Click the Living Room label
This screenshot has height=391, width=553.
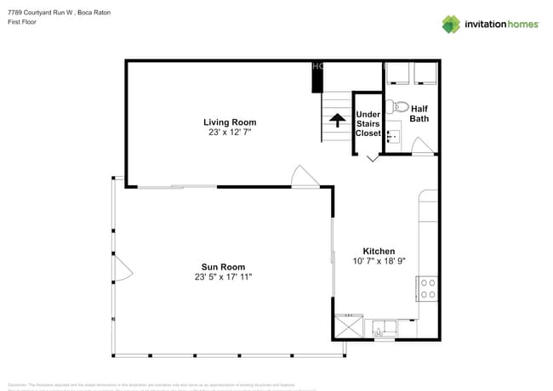click(x=230, y=122)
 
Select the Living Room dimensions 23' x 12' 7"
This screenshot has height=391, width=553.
click(x=230, y=133)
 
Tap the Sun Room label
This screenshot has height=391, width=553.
click(x=223, y=267)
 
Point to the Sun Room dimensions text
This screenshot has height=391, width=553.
click(x=223, y=277)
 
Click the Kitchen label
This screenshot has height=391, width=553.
click(x=379, y=252)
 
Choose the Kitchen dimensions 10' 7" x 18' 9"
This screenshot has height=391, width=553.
click(x=379, y=262)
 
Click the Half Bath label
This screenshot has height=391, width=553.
click(x=419, y=114)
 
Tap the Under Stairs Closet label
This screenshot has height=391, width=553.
click(x=368, y=123)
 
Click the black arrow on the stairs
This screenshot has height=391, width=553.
click(x=336, y=120)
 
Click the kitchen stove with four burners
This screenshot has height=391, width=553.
click(x=427, y=289)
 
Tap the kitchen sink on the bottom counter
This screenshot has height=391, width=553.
click(x=381, y=328)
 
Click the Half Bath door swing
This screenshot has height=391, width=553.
click(x=423, y=147)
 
